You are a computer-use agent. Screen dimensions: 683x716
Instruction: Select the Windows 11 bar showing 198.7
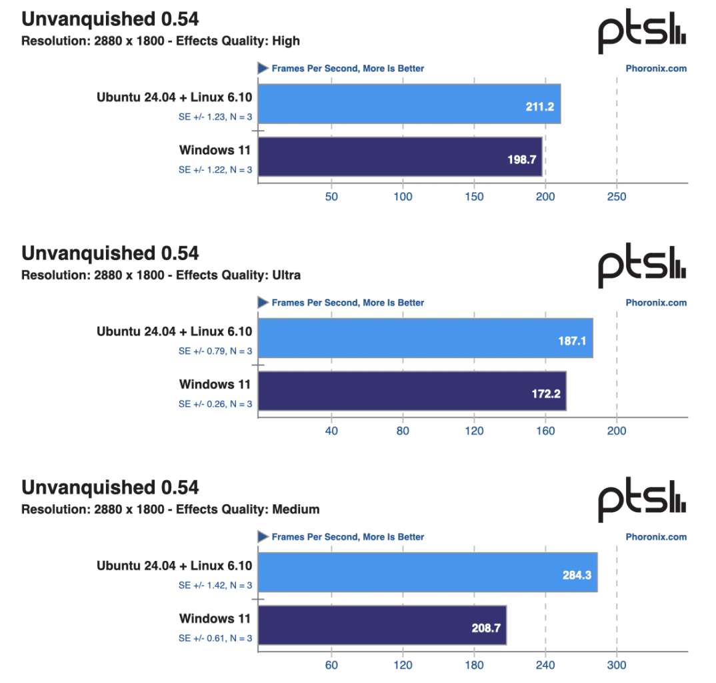coord(399,157)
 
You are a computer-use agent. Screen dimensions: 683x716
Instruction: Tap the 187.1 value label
coord(572,341)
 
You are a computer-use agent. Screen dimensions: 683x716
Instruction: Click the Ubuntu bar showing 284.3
coord(427,572)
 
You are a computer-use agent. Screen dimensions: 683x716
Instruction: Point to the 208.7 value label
coord(485,628)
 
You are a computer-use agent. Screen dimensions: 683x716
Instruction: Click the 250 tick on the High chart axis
coord(617,197)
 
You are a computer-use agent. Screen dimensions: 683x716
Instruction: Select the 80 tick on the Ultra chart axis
coord(403,431)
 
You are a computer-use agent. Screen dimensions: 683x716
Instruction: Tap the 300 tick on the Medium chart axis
coord(617,665)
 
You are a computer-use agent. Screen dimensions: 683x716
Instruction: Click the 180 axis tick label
coord(474,665)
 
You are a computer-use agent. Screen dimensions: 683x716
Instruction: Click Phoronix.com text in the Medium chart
coord(656,537)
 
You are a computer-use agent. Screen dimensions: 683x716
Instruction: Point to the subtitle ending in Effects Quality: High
coord(161,41)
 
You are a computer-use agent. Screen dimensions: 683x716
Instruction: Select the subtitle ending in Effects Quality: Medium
coord(171,510)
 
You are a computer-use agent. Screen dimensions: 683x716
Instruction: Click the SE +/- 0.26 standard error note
coord(215,404)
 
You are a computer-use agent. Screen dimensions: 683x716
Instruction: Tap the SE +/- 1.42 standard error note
coord(215,586)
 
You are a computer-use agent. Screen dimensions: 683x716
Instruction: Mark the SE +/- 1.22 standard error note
coord(215,170)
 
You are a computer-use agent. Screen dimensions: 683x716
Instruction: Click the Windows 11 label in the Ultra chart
coord(215,384)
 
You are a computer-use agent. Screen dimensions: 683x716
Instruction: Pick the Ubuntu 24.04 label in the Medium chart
coord(175,566)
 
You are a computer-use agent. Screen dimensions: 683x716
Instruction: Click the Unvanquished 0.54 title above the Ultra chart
coord(110,253)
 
